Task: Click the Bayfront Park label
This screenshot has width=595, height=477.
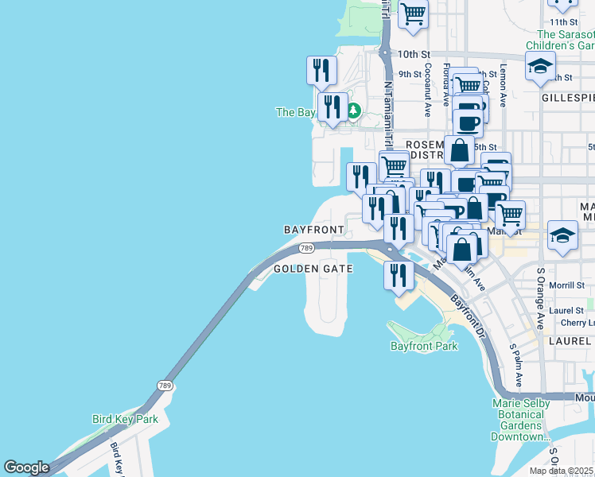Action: click(424, 347)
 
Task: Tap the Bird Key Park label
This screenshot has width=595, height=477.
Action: click(125, 419)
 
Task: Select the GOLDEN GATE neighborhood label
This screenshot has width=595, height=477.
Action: click(313, 269)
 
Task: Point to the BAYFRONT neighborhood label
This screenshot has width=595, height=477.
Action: click(314, 229)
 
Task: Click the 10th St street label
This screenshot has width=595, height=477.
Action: click(413, 54)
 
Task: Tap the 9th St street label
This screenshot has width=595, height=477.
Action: click(410, 74)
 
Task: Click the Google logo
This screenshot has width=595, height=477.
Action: click(27, 468)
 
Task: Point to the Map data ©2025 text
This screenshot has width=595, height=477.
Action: click(562, 471)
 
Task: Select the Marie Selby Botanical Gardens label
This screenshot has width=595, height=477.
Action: click(522, 420)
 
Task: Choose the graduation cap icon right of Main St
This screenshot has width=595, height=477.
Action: click(562, 235)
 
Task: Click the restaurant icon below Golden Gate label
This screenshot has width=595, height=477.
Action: click(399, 275)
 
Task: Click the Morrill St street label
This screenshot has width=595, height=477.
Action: click(566, 285)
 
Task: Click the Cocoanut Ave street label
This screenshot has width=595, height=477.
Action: click(427, 90)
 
